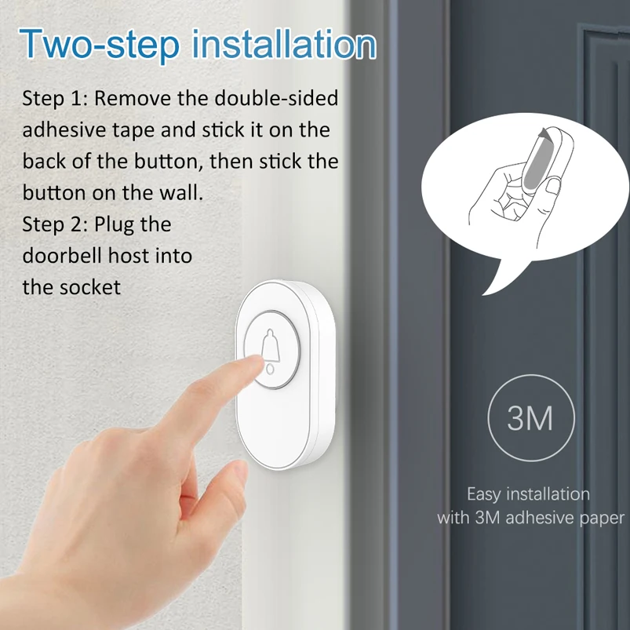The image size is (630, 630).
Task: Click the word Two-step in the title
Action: pos(99,44)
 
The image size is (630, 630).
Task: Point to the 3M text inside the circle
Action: pos(530,418)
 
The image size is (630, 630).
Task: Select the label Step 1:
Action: pos(55,98)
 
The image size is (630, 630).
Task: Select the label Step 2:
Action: pos(55,224)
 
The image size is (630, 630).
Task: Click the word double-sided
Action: pos(276,98)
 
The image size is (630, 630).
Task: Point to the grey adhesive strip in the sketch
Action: pos(534,166)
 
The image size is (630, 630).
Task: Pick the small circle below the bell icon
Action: pos(271,369)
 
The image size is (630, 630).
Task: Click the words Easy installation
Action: pos(528,494)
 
